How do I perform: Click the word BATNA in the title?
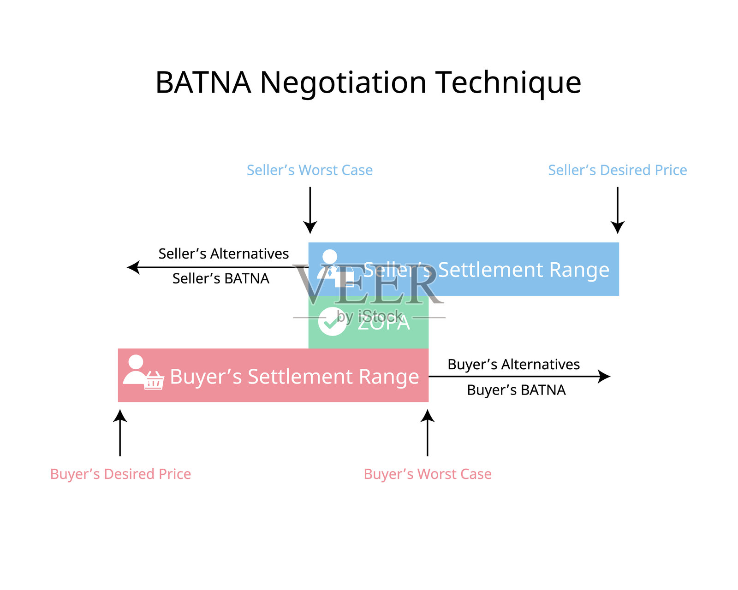pos(203,83)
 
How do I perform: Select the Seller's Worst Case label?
pos(309,170)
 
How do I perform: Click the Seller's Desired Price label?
pos(617,170)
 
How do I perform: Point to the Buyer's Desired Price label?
pos(120,474)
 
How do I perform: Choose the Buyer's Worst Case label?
pos(428,474)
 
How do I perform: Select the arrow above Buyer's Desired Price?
pos(120,433)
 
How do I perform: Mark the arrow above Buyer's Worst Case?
pos(428,433)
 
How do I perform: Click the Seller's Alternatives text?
pos(224,254)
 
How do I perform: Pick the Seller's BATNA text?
pos(220,278)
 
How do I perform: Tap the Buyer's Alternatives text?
pos(513,364)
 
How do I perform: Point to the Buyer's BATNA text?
pos(516,390)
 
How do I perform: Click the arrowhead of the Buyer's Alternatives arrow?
pos(604,377)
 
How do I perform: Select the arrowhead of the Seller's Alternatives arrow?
pos(133,267)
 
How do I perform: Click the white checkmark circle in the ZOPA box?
pos(332,321)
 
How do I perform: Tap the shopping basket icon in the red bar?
pos(154,381)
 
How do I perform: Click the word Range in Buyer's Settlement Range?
pos(389,377)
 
